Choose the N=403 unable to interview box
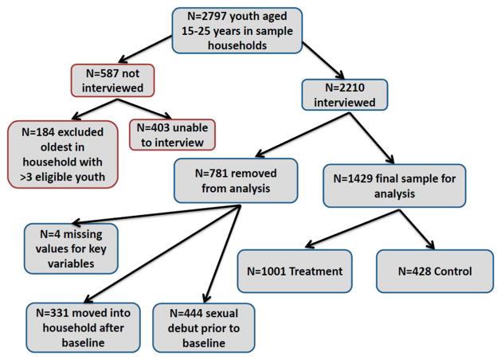pos(172,133)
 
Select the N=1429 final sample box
pos(395,186)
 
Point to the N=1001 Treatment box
pos(295,271)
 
